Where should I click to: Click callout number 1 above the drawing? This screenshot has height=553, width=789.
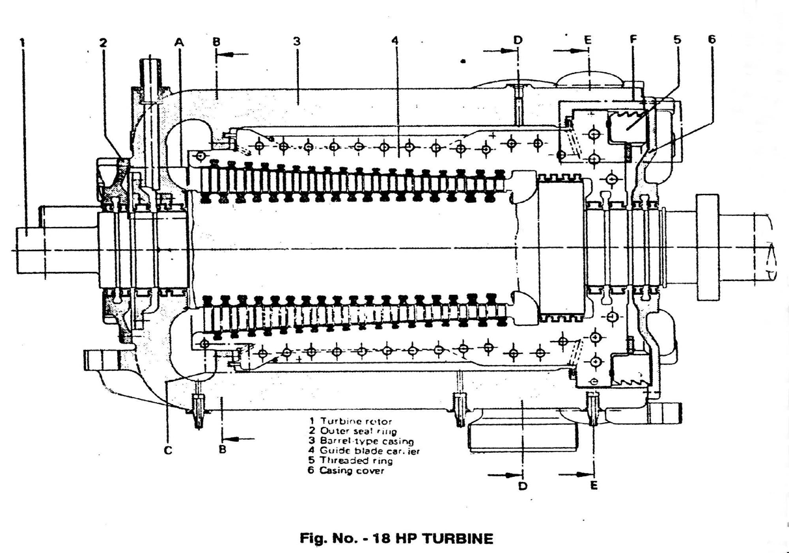tap(23, 42)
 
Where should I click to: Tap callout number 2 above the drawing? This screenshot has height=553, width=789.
tap(103, 42)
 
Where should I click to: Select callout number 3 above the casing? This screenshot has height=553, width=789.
tap(296, 41)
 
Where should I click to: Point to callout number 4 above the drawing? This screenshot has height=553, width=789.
tap(394, 41)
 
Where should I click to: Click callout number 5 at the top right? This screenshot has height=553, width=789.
tap(677, 40)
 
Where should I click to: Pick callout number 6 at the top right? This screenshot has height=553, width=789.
tap(712, 40)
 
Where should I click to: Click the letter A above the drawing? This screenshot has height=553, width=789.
tap(180, 42)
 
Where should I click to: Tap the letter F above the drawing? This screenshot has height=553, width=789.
tap(632, 40)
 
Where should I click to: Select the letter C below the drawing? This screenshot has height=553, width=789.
tap(168, 450)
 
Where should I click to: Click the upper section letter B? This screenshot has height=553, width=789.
tap(216, 41)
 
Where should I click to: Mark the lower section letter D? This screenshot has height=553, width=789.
tap(522, 485)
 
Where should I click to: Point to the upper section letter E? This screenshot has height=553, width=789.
tap(587, 40)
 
